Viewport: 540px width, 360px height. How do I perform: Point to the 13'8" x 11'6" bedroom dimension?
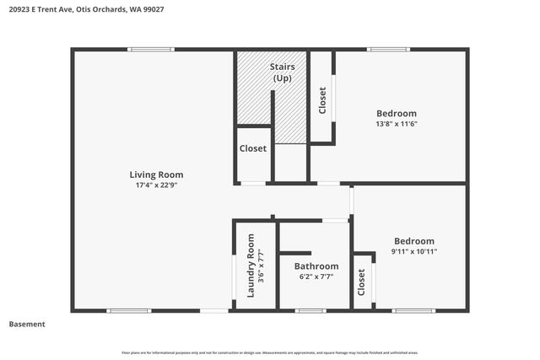click(x=396, y=124)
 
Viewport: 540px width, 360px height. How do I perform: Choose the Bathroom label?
click(x=316, y=266)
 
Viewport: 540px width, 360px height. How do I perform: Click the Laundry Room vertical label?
click(x=251, y=266)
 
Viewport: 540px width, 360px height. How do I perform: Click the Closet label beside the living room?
click(x=253, y=148)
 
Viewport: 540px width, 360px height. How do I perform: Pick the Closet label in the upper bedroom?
click(x=322, y=100)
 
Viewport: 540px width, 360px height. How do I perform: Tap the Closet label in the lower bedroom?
click(x=362, y=282)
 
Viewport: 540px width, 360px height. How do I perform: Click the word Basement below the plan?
click(x=27, y=324)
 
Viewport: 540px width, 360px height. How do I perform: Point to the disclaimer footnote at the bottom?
click(x=270, y=352)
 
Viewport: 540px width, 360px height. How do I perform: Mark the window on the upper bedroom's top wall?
click(x=388, y=50)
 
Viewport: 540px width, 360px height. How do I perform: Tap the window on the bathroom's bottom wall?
click(x=310, y=311)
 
